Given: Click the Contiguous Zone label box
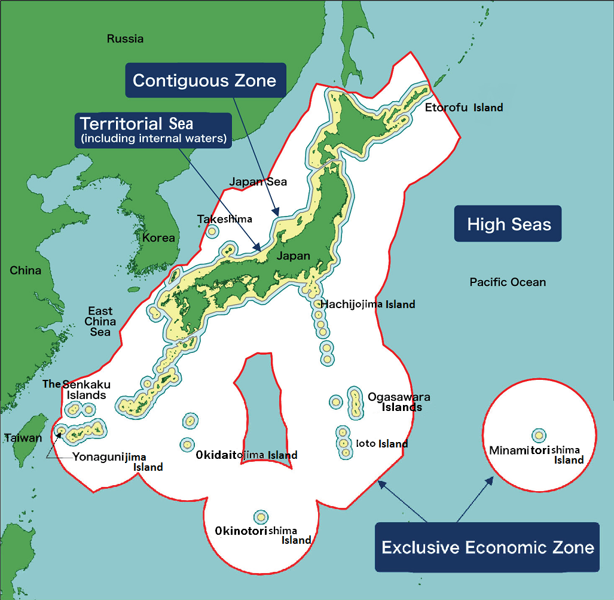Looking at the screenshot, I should point(204,81).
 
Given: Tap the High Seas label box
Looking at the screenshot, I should point(508,224).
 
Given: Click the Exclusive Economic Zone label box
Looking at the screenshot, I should point(487,547).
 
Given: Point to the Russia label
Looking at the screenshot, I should point(125,39).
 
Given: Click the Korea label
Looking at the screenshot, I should point(158,237).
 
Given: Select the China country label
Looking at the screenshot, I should point(25,270).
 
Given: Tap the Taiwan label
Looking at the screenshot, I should point(23,438).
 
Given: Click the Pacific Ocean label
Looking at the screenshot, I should point(508,282).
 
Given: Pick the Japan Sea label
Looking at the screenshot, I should point(258,182).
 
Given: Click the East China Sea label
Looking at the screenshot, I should point(100,321).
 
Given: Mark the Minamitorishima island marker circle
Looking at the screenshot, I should point(539,435).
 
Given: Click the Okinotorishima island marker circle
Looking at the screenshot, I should point(261,517).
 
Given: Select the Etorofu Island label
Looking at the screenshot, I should point(464,108).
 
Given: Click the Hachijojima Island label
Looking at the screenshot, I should point(368,304).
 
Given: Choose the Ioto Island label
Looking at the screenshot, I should point(381,444).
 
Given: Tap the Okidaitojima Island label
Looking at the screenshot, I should point(246,455).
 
